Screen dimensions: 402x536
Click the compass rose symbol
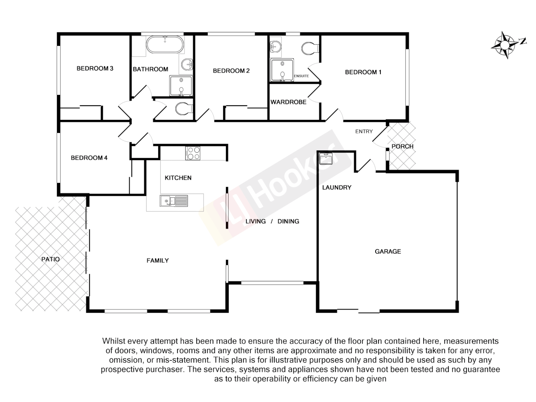click(505, 45)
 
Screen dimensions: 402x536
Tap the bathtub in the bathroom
click(165, 45)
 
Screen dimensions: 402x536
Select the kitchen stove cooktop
click(193, 153)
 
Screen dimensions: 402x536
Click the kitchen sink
click(174, 201)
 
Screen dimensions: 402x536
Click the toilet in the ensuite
click(310, 48)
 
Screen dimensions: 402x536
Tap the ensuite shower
click(282, 70)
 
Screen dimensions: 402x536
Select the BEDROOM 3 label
click(95, 68)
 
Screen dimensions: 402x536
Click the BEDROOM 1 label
click(363, 72)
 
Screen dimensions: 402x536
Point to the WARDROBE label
click(288, 102)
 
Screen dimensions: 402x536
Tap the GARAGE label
click(388, 252)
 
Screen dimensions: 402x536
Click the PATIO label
click(51, 259)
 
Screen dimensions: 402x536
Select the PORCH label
click(402, 146)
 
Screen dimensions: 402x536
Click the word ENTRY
click(364, 131)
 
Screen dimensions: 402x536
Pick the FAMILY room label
click(157, 261)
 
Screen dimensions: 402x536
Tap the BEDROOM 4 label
click(89, 158)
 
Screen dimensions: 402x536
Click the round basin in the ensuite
click(275, 47)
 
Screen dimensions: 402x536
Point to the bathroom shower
click(181, 86)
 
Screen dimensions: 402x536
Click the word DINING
click(288, 221)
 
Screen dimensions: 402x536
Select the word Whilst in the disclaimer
click(114, 341)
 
